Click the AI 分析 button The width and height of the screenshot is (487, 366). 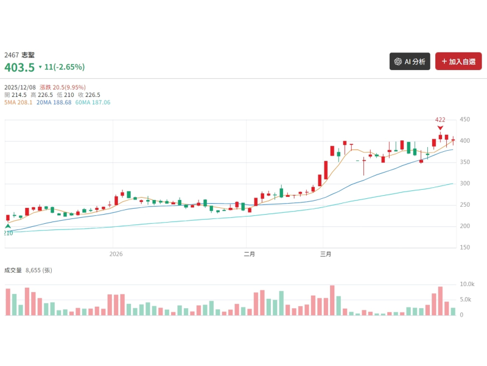(x=410, y=62)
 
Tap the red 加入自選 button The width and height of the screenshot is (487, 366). (x=458, y=62)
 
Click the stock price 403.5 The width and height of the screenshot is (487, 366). (x=19, y=67)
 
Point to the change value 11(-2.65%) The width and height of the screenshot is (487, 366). (x=64, y=67)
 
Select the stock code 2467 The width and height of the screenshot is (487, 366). (x=11, y=55)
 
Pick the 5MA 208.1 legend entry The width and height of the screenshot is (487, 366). (x=18, y=102)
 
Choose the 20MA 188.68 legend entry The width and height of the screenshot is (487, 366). (x=54, y=102)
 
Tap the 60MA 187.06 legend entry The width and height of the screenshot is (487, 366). (x=93, y=102)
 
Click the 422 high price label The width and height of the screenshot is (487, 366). (x=440, y=120)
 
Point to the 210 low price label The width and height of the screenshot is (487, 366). (x=8, y=233)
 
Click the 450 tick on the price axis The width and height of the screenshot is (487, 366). (x=466, y=120)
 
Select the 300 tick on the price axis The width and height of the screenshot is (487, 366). (x=466, y=184)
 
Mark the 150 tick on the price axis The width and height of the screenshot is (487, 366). (x=466, y=248)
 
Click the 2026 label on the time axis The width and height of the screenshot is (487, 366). (x=116, y=254)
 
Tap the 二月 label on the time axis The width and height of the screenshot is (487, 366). (x=248, y=254)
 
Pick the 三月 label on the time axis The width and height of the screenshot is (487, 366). (x=326, y=254)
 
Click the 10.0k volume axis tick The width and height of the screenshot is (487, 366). (x=467, y=284)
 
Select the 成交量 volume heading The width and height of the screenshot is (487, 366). (x=13, y=270)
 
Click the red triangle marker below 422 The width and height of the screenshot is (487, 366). (x=440, y=127)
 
